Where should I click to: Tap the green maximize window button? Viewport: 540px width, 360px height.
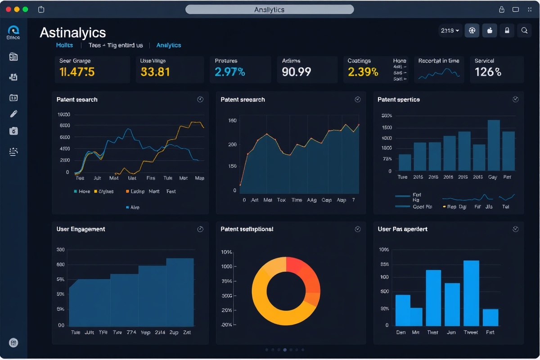(25, 9)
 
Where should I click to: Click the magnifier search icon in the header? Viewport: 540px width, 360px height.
(524, 31)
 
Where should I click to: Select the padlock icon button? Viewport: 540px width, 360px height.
(507, 31)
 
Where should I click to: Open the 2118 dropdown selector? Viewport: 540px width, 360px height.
(450, 31)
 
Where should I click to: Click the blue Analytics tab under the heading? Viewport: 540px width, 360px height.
(168, 45)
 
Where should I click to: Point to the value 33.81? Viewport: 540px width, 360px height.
(155, 72)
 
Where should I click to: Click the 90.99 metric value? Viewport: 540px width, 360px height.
(296, 72)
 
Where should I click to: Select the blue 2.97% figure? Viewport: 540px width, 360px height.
(229, 72)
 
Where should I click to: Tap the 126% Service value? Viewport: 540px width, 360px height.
(488, 72)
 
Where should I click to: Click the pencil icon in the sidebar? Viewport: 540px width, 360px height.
(13, 114)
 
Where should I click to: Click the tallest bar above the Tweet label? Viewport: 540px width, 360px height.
(471, 293)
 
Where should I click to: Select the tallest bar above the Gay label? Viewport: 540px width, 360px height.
(494, 145)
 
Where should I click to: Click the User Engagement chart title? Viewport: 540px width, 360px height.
(81, 229)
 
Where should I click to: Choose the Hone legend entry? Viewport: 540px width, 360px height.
(82, 191)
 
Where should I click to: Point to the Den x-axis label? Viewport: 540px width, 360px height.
(400, 332)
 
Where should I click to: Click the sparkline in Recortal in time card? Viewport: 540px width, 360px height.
(439, 74)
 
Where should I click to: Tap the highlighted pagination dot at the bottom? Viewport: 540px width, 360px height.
(285, 350)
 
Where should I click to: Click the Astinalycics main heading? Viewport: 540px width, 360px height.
(73, 32)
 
